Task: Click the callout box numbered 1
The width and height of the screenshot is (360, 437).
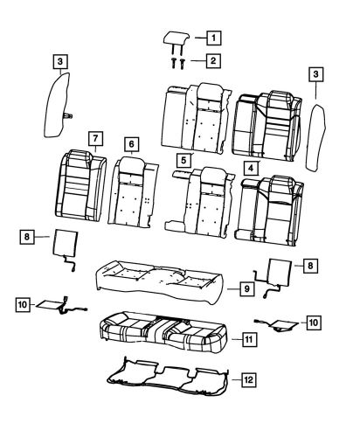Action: point(214,38)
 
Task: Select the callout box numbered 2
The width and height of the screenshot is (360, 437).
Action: point(213,61)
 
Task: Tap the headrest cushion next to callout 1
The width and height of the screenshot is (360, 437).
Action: point(177,39)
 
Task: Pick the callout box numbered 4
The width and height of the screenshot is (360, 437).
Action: point(251,168)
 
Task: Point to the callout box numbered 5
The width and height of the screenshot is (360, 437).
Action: point(183,160)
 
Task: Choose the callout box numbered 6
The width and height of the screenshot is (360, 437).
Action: point(132,144)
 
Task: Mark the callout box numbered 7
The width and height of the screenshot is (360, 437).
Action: point(96,139)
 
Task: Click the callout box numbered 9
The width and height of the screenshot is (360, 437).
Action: point(247,288)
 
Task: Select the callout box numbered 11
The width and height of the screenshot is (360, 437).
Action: point(249,339)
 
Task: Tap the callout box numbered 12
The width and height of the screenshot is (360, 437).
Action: point(249,380)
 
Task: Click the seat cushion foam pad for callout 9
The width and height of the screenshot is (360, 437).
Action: point(160,281)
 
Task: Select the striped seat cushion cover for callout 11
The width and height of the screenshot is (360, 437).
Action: point(163,332)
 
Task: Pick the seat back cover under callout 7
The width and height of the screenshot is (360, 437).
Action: point(80,185)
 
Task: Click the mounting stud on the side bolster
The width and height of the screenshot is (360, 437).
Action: point(68,116)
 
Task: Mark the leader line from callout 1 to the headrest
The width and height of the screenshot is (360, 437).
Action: point(200,38)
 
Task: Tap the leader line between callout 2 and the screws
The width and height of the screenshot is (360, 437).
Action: point(198,61)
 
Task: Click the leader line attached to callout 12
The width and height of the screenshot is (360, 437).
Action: point(237,380)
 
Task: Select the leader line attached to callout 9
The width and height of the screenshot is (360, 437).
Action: point(233,288)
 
